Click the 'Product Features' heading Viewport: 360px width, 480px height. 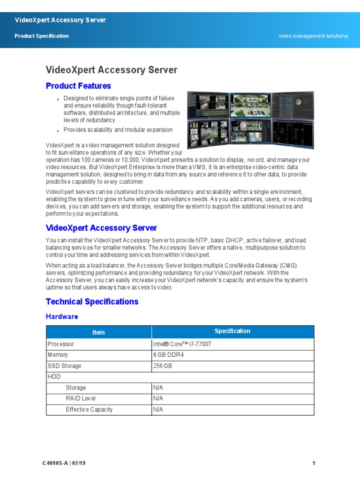click(x=78, y=86)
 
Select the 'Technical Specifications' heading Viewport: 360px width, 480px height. click(x=92, y=301)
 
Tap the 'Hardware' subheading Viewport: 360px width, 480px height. click(x=62, y=316)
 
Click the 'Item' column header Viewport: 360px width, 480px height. click(x=98, y=332)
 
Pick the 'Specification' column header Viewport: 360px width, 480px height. click(x=232, y=331)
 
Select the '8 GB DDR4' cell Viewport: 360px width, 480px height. click(x=168, y=355)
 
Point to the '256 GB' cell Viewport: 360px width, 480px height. click(x=163, y=366)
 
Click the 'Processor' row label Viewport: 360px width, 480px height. click(x=61, y=344)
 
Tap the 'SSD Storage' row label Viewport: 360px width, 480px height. click(x=64, y=366)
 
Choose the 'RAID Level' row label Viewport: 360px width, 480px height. click(x=81, y=398)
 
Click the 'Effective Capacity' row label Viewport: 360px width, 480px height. click(x=89, y=410)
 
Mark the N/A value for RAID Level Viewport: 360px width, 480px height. click(x=158, y=398)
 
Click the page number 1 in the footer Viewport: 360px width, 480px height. click(x=313, y=464)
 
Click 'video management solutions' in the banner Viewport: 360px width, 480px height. click(x=313, y=36)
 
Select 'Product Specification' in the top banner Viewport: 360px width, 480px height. click(x=42, y=36)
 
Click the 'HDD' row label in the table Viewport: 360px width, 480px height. click(x=54, y=377)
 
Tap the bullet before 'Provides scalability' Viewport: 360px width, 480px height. click(x=57, y=131)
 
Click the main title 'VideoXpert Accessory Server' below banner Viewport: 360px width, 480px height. click(x=112, y=70)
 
